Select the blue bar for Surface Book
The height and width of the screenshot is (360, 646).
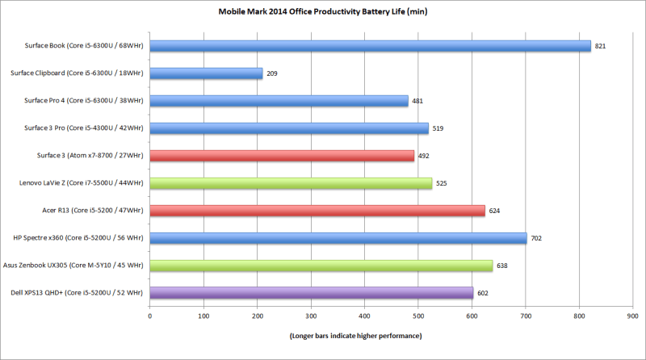[370, 46]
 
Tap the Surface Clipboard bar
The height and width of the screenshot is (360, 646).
[206, 73]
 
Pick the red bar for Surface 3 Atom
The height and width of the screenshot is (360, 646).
[282, 156]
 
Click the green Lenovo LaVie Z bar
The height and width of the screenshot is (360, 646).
[291, 183]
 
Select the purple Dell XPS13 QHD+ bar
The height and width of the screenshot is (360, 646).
[311, 292]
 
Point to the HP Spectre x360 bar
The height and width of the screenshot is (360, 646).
[338, 238]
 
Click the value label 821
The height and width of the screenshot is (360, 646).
[600, 46]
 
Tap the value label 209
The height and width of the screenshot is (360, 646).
[272, 73]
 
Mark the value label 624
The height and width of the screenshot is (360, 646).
[494, 211]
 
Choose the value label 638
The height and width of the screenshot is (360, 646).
[502, 266]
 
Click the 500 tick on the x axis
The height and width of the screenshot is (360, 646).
[418, 316]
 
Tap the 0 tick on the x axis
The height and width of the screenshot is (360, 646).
[150, 316]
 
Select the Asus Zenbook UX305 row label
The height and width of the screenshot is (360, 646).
[78, 266]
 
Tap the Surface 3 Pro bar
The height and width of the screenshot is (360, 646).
[289, 128]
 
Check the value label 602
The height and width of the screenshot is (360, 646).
[483, 293]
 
